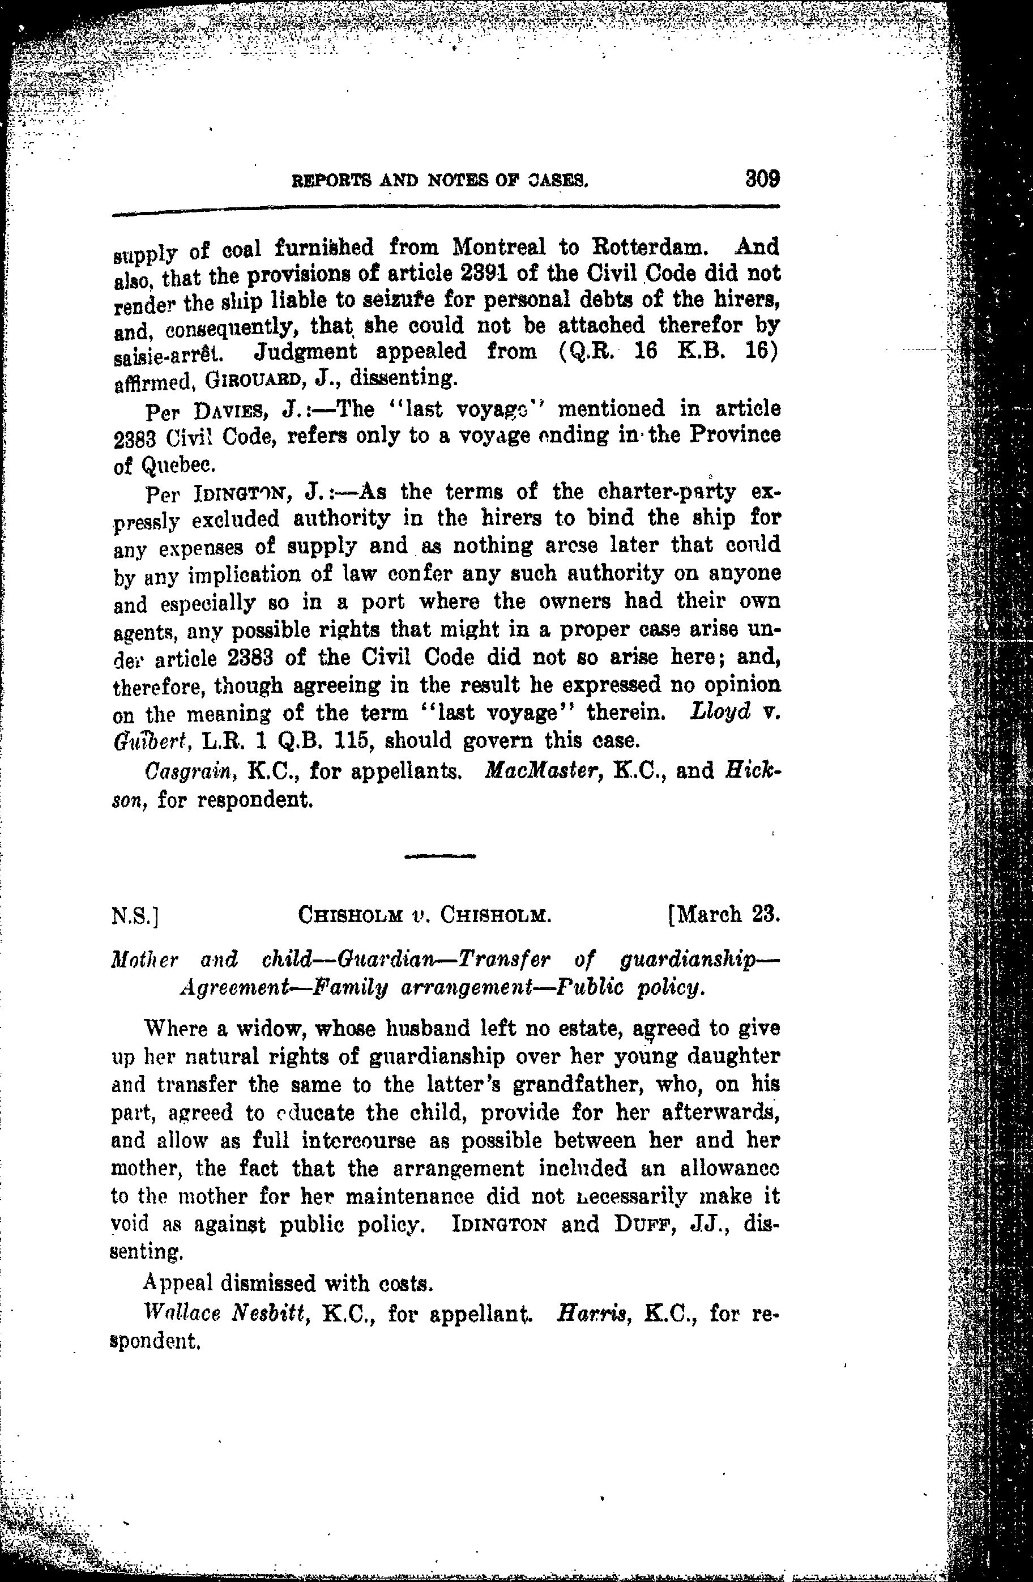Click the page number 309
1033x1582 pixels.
point(761,179)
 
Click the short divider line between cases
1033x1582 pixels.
point(439,856)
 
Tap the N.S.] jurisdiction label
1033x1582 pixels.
point(134,917)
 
